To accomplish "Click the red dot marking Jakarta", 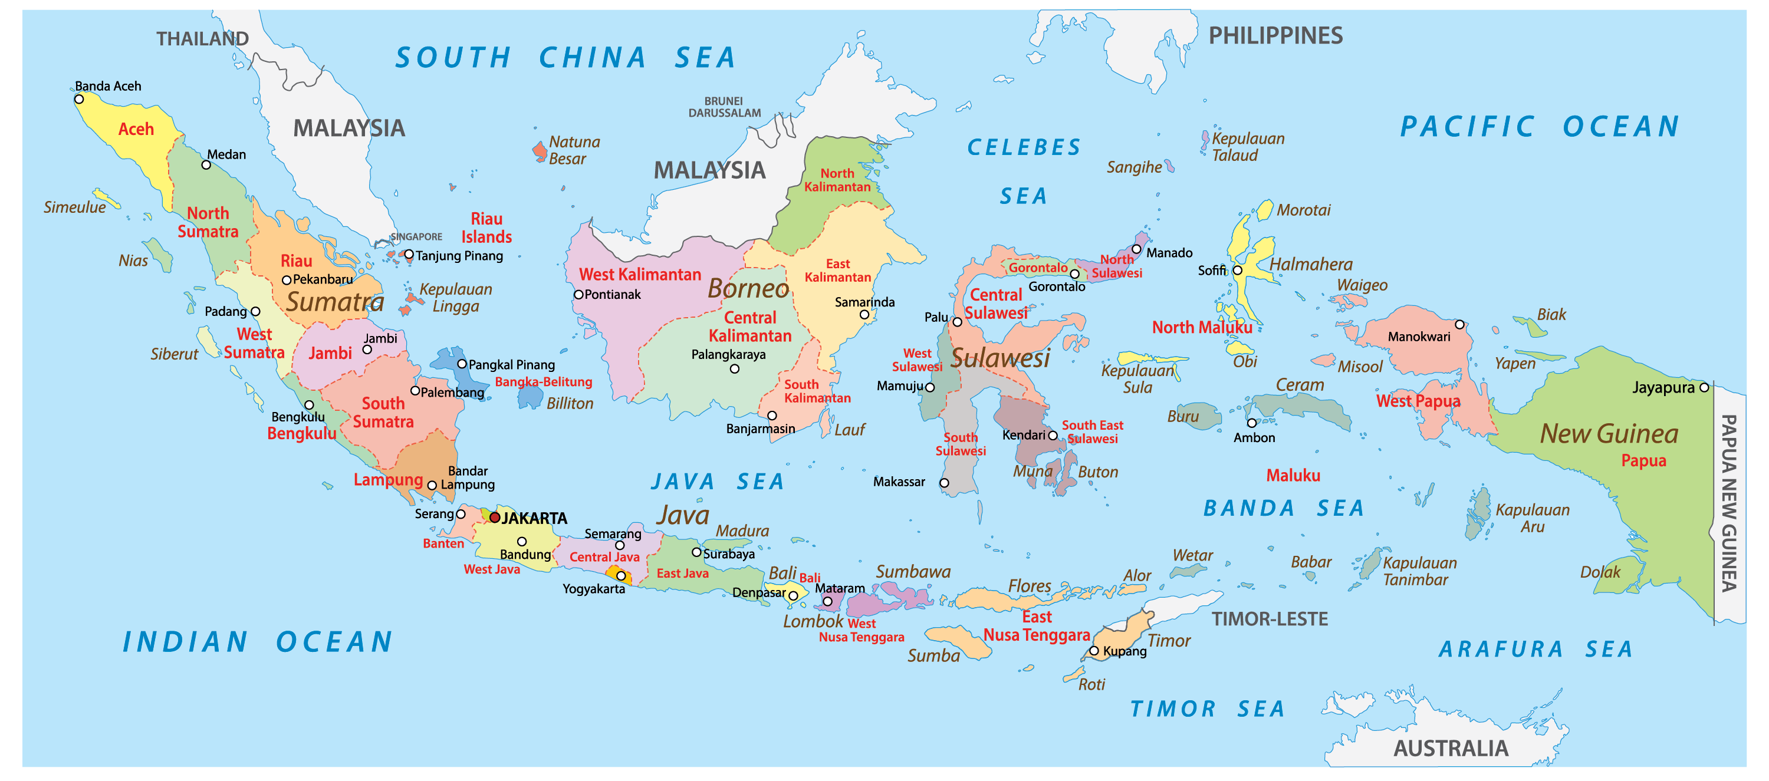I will click(x=495, y=518).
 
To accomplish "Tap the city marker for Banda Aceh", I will click(x=79, y=100).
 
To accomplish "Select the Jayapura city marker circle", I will click(x=1704, y=388).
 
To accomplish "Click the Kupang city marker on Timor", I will click(x=1094, y=651).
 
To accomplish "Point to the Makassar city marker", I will click(x=944, y=483).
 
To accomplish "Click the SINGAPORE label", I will click(x=416, y=237).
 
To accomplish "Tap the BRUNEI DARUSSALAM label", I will click(x=725, y=107).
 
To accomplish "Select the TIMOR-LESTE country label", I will click(x=1269, y=619).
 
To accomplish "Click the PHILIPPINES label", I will click(x=1275, y=36).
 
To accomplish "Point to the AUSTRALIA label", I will click(x=1451, y=748).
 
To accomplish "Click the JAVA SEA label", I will click(x=717, y=482).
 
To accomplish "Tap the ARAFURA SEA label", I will click(x=1535, y=649).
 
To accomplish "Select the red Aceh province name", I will click(x=136, y=129).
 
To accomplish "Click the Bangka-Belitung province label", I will click(x=543, y=381).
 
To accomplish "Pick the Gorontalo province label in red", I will click(x=1038, y=268).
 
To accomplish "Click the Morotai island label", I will click(x=1303, y=210).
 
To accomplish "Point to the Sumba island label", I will click(x=933, y=655).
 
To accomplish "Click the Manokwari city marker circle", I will click(x=1459, y=325).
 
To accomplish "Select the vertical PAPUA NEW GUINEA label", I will click(x=1728, y=502).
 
